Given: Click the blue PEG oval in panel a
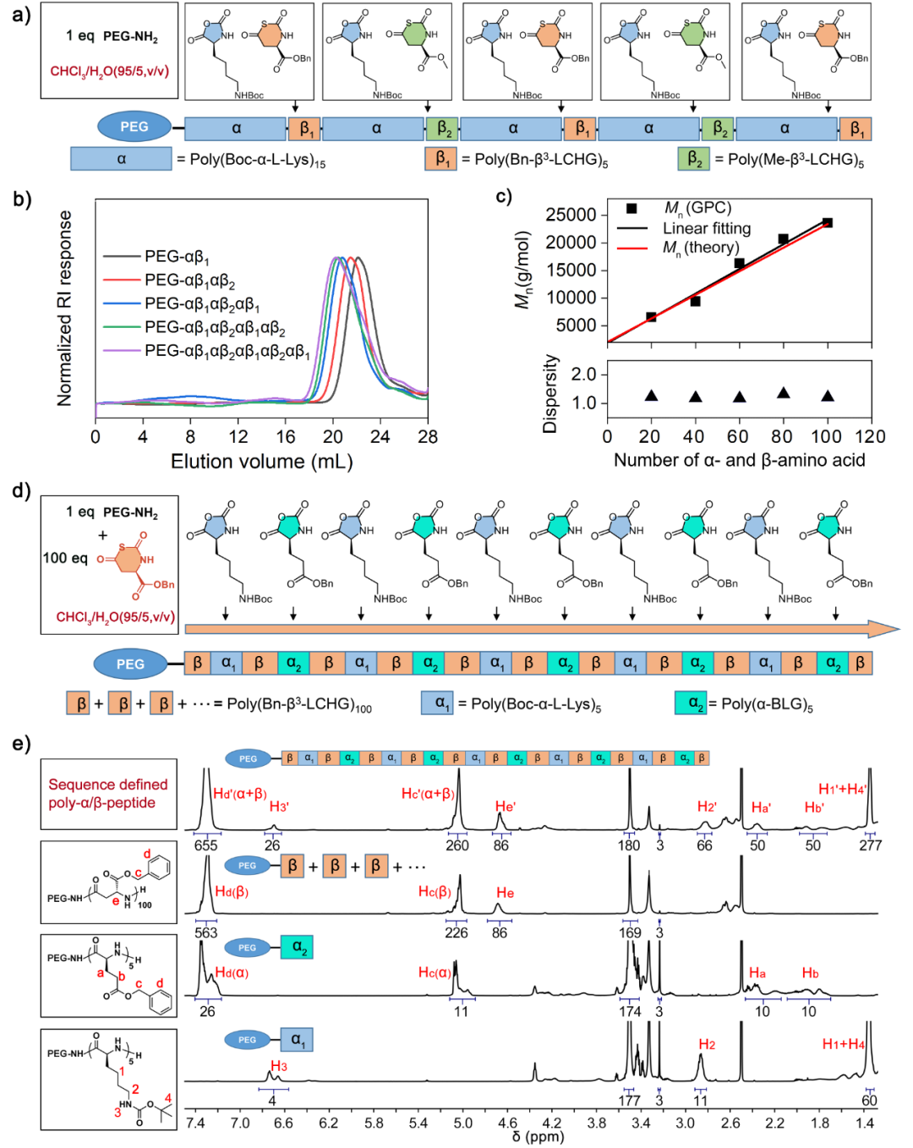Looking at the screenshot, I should [134, 127].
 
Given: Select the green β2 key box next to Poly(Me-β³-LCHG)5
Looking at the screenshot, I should [693, 158].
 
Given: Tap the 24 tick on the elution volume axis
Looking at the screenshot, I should [380, 437].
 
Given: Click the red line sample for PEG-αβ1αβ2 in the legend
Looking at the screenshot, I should [121, 280].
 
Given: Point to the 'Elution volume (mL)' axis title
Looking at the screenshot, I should [261, 462].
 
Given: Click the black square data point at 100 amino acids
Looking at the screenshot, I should [827, 223].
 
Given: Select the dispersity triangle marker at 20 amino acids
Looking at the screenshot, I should [651, 396].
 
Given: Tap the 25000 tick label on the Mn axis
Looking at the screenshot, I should [571, 215].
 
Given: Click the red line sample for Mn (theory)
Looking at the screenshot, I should [631, 248].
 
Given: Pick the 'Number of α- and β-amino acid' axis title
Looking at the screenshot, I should [739, 461].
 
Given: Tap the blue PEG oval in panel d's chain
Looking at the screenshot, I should [130, 664].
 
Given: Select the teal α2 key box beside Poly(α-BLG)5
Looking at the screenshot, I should [691, 702].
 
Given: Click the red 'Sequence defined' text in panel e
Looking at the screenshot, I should [108, 784].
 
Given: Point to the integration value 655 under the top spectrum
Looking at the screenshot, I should [205, 845].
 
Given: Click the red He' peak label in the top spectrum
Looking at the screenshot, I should [505, 806].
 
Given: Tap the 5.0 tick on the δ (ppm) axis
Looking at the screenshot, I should [462, 1123].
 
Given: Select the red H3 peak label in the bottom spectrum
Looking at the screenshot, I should [279, 1066].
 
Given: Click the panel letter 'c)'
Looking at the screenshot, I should [503, 196].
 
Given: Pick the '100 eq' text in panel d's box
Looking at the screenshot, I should [65, 558].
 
